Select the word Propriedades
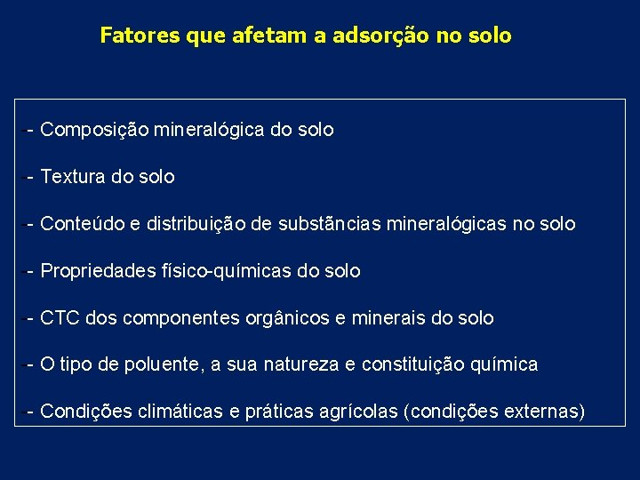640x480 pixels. click(100, 271)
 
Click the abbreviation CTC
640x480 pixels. click(60, 318)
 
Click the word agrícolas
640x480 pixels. click(361, 412)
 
